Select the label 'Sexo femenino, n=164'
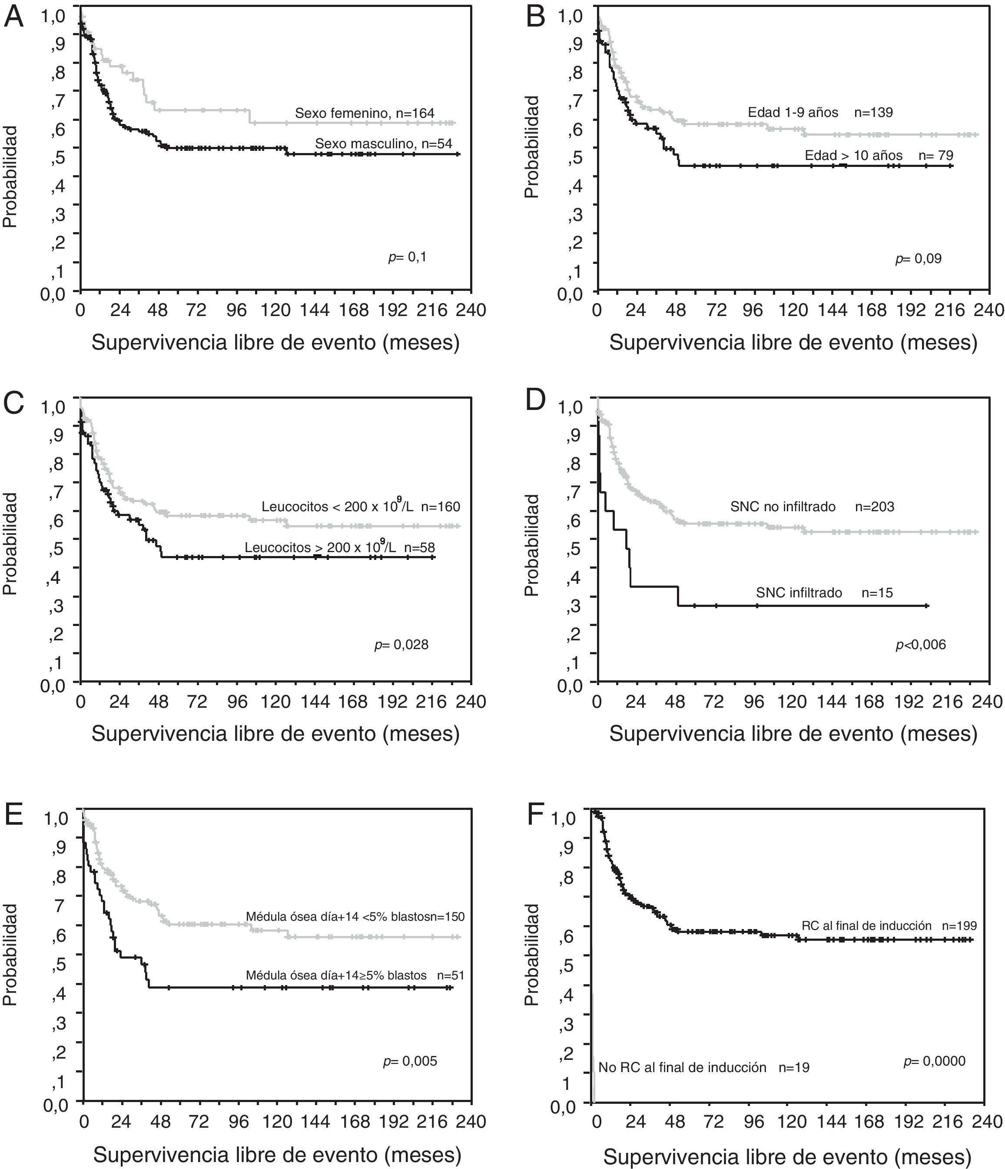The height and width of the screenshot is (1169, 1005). (x=364, y=113)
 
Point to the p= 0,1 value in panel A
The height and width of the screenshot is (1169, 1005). (x=407, y=257)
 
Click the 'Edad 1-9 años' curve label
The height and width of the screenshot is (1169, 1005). (x=793, y=112)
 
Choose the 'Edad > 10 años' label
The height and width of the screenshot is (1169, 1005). (x=853, y=155)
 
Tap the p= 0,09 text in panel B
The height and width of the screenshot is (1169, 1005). (x=918, y=259)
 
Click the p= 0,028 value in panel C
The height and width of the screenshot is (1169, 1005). (x=401, y=644)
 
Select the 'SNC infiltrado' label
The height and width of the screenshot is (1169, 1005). (x=799, y=593)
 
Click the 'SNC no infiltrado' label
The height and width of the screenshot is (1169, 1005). (x=783, y=506)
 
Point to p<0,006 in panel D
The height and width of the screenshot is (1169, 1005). (x=920, y=644)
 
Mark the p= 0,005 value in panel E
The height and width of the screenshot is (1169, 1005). (x=410, y=1061)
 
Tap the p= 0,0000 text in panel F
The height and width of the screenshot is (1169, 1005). (x=934, y=1061)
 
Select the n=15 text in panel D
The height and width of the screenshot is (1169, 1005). (x=877, y=593)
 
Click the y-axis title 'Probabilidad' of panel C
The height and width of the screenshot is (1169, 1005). (x=10, y=544)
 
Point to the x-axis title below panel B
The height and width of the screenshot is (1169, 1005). (x=793, y=343)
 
